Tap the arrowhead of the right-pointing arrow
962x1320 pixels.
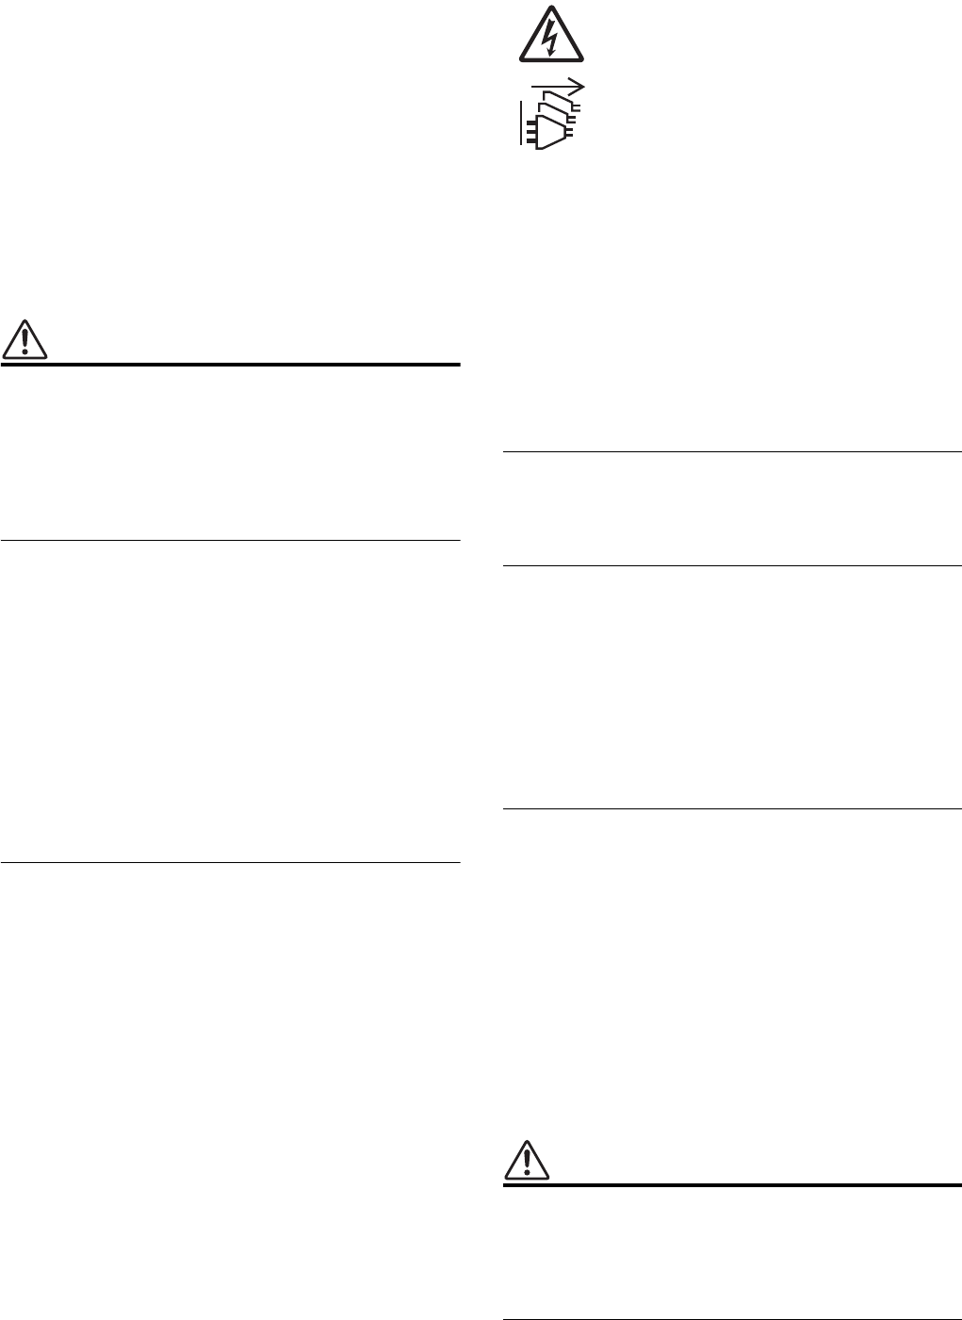579,86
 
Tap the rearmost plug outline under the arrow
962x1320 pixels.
569,95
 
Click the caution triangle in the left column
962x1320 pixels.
24,340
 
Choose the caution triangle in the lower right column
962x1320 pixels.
527,1161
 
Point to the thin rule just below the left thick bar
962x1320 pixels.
230,540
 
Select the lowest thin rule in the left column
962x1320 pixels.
230,862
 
